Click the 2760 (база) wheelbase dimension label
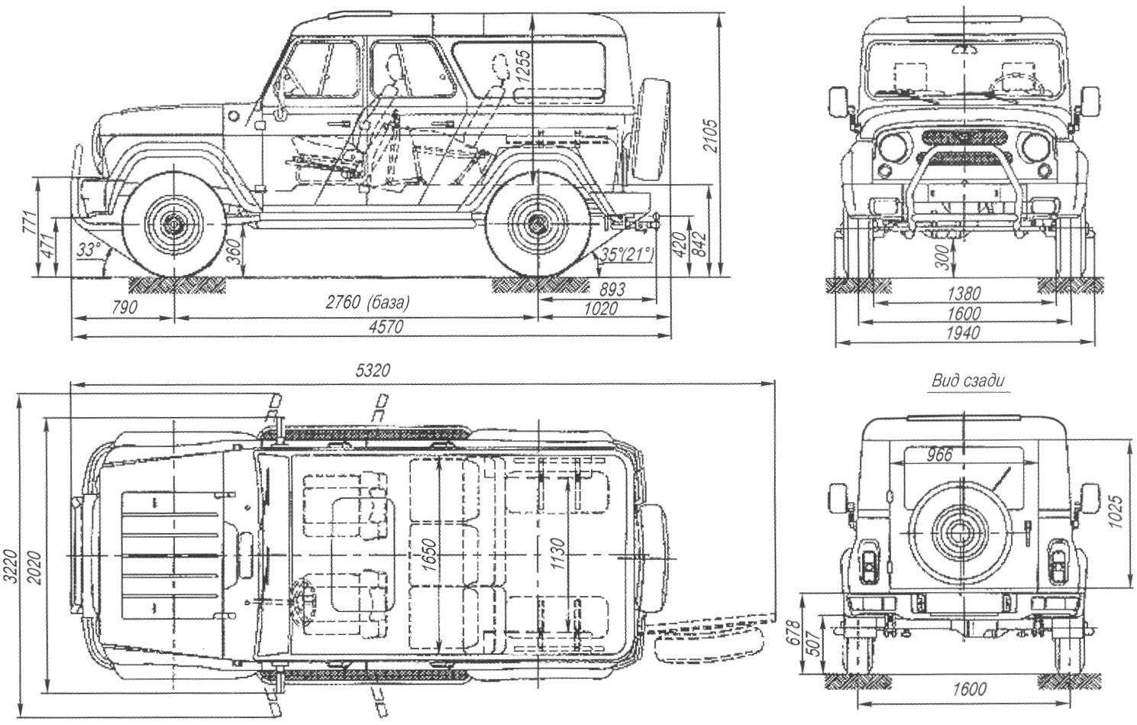click(x=367, y=303)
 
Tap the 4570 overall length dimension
click(x=386, y=326)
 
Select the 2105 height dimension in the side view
click(x=711, y=135)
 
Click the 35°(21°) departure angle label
click(x=627, y=254)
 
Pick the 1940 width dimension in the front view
click(x=963, y=333)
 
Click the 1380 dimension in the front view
click(x=964, y=293)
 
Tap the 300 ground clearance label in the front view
click(x=942, y=257)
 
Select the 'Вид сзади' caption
click(x=967, y=381)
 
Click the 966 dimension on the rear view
click(x=939, y=455)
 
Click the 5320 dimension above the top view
click(x=373, y=371)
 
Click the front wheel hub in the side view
click(x=174, y=223)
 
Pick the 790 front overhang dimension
click(x=124, y=308)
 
